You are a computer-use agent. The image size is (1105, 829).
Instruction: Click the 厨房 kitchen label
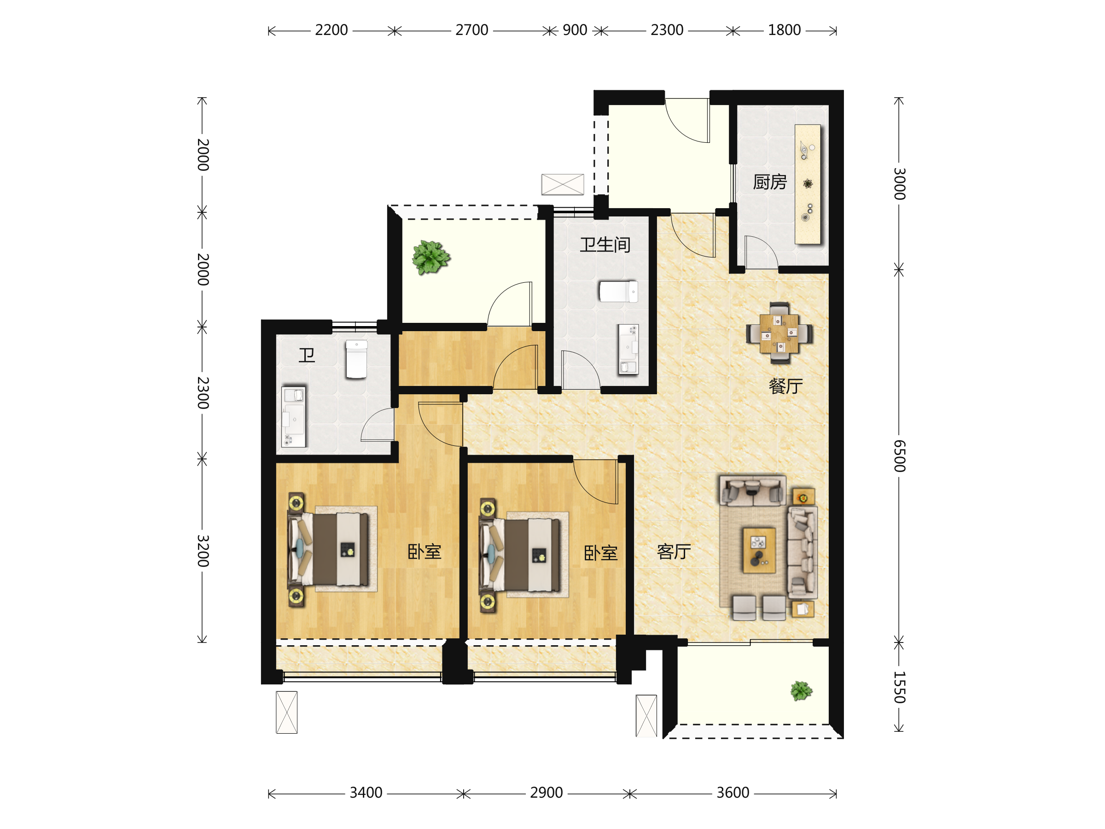click(x=770, y=182)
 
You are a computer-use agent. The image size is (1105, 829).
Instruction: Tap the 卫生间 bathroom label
click(x=605, y=245)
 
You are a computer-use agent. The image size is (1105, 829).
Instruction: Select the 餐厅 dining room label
click(x=786, y=386)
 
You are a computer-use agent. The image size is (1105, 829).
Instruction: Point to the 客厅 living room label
click(x=674, y=552)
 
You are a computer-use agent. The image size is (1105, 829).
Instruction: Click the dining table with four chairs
click(x=779, y=333)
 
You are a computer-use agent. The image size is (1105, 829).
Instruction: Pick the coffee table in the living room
click(x=759, y=550)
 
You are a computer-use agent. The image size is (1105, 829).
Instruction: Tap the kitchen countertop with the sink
click(x=808, y=184)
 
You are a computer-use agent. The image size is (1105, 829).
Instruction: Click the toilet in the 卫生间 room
click(x=618, y=292)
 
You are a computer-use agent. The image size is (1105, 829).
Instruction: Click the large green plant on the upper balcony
click(x=430, y=257)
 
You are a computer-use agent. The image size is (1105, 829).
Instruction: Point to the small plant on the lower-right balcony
click(x=801, y=691)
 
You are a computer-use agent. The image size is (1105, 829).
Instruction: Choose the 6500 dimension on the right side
click(x=899, y=456)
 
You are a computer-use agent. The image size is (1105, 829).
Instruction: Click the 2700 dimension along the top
click(x=471, y=30)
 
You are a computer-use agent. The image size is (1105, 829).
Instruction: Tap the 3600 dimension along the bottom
click(x=733, y=793)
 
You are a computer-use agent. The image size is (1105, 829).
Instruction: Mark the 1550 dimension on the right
click(x=899, y=687)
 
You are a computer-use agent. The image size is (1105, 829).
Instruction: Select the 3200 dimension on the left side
click(x=202, y=551)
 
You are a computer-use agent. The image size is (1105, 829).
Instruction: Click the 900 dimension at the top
click(x=575, y=30)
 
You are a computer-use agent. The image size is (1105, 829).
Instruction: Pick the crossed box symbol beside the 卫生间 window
click(x=563, y=184)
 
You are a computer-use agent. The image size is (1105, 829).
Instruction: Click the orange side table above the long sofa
click(x=804, y=497)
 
